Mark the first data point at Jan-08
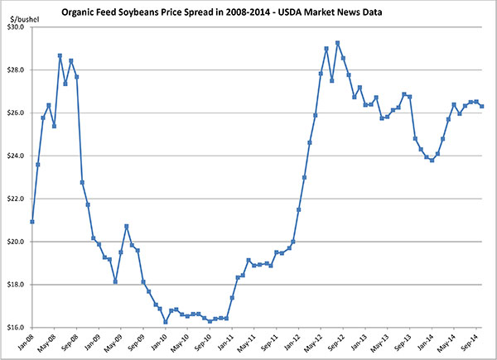click(x=32, y=221)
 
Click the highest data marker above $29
click(x=337, y=43)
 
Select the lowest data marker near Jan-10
click(x=166, y=322)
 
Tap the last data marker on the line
click(x=482, y=106)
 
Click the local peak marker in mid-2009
click(x=127, y=226)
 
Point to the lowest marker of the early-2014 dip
click(x=432, y=160)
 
